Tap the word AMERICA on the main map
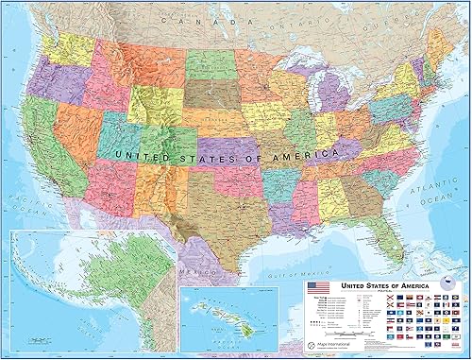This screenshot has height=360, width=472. (x=302, y=152)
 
